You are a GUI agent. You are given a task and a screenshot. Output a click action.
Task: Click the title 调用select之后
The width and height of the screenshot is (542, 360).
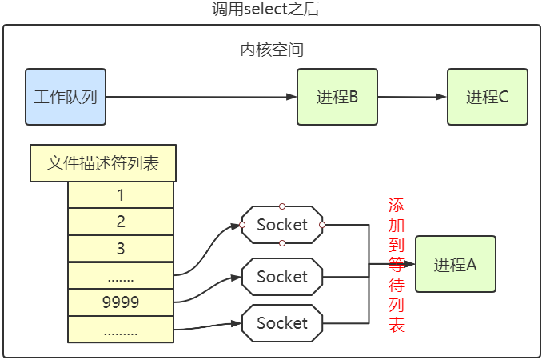[x=271, y=10]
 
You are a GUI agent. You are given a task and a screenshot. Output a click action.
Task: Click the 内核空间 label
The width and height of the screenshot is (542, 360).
[x=272, y=50]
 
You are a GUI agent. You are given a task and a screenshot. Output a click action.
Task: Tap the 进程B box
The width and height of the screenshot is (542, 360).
[x=337, y=97]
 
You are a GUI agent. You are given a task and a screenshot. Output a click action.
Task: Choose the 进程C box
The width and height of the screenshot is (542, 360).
[x=487, y=97]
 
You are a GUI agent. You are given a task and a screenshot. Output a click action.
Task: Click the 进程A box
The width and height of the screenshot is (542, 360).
[x=455, y=264]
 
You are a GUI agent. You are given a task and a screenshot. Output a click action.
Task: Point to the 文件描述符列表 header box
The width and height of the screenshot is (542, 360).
[x=103, y=164]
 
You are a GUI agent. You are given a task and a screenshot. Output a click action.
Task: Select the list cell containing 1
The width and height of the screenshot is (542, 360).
[x=121, y=195]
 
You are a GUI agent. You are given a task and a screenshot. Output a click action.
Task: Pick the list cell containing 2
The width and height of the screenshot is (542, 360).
[x=121, y=222]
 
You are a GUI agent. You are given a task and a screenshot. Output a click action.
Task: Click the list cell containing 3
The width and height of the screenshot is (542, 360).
[x=121, y=248]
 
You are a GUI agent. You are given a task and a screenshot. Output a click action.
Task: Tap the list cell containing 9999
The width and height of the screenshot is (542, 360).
[x=121, y=302]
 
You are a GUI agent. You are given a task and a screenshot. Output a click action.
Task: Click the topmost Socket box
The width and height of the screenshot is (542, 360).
[x=282, y=225]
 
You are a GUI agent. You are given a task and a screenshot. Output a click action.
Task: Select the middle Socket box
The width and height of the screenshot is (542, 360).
[x=282, y=277]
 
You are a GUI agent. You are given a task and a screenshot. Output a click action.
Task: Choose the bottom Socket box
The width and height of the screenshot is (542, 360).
[x=282, y=323]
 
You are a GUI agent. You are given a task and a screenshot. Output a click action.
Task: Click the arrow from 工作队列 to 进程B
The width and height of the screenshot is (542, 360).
[x=200, y=97]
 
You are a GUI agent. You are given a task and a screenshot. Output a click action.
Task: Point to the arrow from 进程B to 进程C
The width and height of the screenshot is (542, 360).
[x=412, y=97]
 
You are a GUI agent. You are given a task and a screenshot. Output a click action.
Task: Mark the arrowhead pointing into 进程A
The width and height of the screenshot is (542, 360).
[x=410, y=264]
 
